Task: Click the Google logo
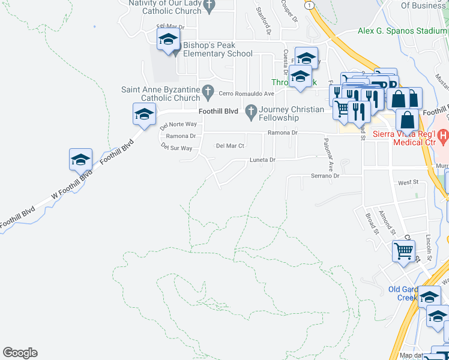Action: [x=20, y=353]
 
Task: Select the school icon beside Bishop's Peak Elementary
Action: [x=169, y=41]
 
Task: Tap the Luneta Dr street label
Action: [x=262, y=160]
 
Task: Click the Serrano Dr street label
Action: [x=325, y=176]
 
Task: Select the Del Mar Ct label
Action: [x=230, y=146]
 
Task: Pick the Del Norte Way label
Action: [x=178, y=125]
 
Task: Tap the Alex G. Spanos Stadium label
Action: [x=402, y=31]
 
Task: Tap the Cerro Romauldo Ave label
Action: [x=246, y=94]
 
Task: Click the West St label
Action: [x=408, y=182]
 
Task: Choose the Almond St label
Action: [x=388, y=223]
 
